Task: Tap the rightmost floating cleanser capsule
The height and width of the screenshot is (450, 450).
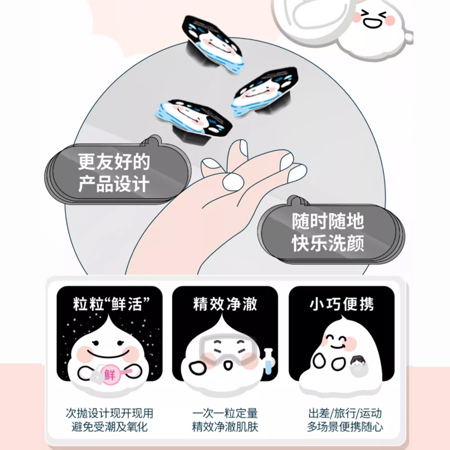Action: coord(264,91)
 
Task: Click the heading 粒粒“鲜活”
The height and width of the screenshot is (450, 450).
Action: coord(111,304)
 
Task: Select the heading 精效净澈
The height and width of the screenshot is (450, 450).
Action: coord(225,304)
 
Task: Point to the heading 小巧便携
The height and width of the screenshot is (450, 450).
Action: coord(341,304)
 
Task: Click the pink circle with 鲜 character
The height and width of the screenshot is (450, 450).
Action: coord(110,374)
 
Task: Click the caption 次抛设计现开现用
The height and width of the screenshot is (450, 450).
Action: coord(109,413)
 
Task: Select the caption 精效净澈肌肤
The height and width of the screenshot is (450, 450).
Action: coord(225,426)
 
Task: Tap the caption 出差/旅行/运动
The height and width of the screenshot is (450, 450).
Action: coord(345,413)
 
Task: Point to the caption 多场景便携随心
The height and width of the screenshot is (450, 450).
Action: coord(345,426)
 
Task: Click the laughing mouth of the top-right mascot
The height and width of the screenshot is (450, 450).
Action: coord(372,24)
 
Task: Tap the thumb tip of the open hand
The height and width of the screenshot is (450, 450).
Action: coord(233,182)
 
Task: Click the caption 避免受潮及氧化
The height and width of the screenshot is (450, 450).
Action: coord(109,426)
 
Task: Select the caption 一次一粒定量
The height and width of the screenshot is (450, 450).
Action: coord(225,413)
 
